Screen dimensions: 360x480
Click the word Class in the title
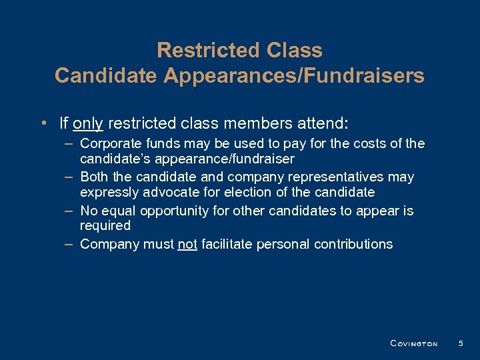click(294, 50)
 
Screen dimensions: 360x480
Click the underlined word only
click(87, 123)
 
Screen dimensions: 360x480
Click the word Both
click(93, 177)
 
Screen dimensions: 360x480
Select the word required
click(105, 226)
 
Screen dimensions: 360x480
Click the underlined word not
click(187, 244)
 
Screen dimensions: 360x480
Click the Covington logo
click(413, 343)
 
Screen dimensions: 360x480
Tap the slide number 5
click(460, 343)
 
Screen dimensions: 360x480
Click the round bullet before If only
click(43, 123)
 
